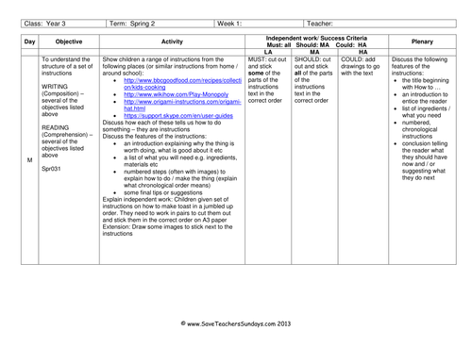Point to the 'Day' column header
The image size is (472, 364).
coord(29,42)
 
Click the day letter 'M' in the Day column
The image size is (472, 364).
coord(29,159)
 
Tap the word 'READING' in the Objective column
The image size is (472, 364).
coord(56,126)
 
